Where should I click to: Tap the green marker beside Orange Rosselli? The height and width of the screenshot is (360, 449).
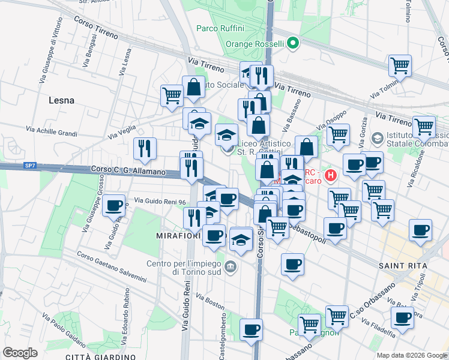click(293, 43)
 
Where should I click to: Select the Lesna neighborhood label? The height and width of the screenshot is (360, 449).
click(61, 100)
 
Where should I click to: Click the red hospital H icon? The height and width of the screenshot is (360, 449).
click(330, 176)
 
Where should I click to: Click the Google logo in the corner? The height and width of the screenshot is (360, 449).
click(20, 352)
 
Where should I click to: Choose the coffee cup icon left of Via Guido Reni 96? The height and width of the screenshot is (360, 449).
click(113, 206)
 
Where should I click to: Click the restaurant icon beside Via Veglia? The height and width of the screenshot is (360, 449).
click(144, 149)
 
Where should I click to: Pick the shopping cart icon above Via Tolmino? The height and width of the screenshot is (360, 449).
click(399, 65)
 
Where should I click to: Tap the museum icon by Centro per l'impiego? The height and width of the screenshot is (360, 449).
click(229, 266)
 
